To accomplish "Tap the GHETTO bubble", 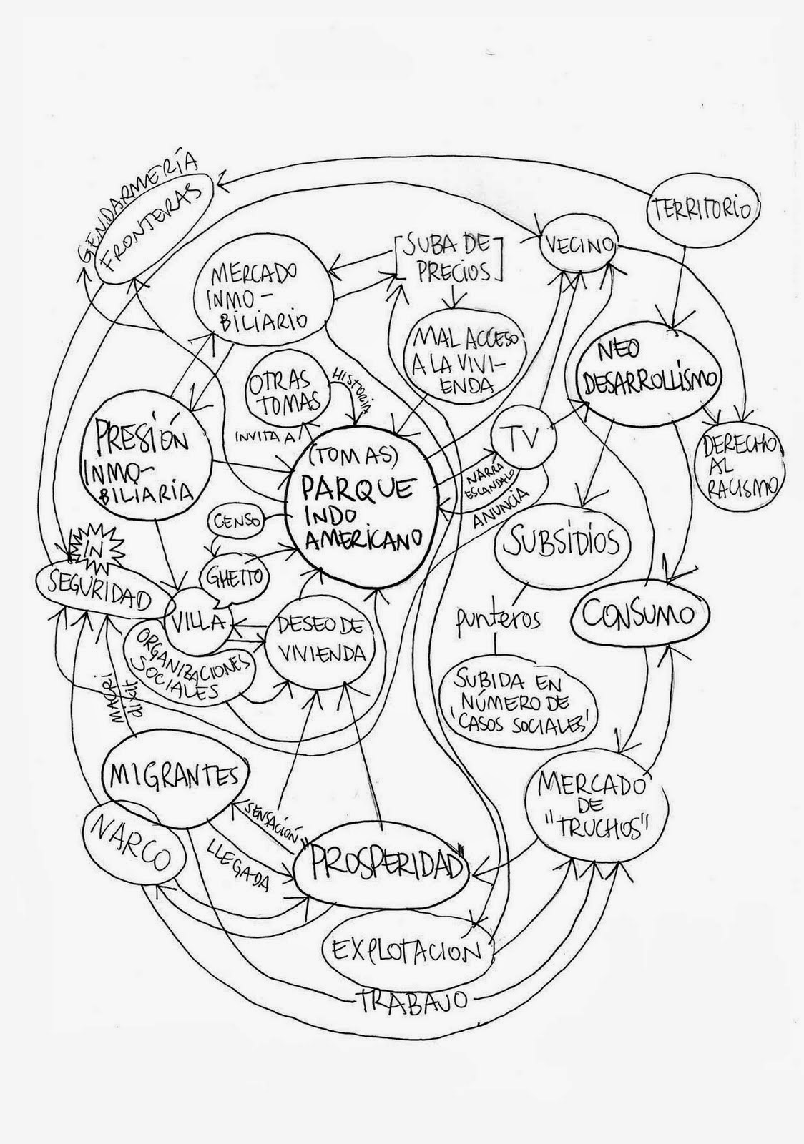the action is pyautogui.click(x=234, y=574).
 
